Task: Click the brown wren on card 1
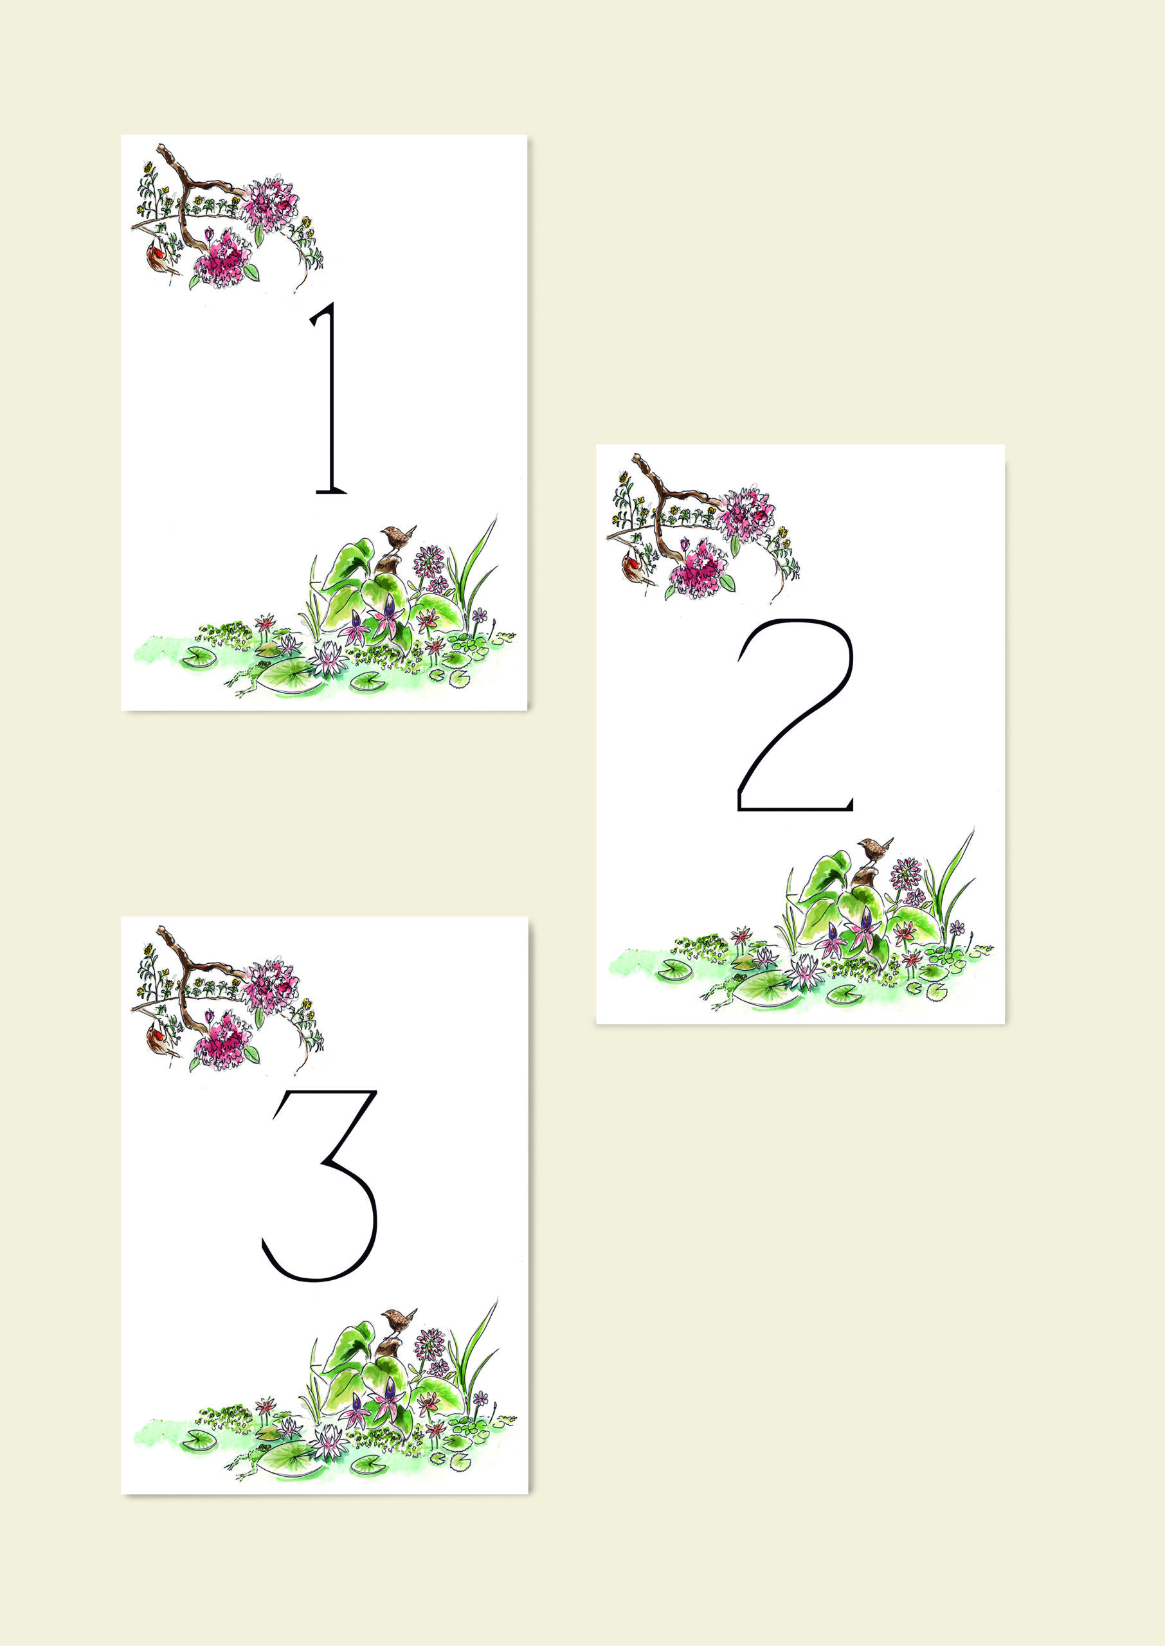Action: coord(397,536)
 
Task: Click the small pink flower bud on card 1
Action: coord(209,235)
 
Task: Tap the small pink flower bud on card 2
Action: coord(685,545)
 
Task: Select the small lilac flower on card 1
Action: coord(479,615)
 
